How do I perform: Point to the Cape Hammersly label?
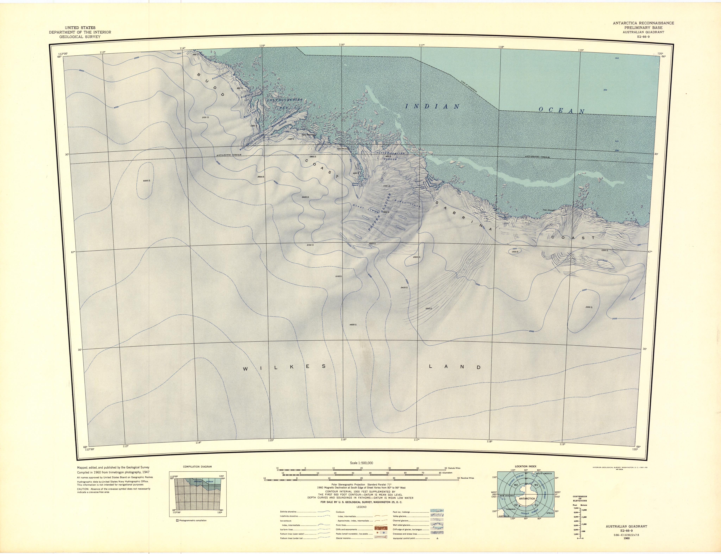pyautogui.click(x=309, y=135)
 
